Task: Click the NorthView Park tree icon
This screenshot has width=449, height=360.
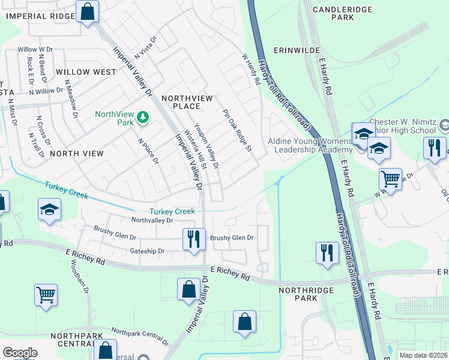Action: pyautogui.click(x=143, y=116)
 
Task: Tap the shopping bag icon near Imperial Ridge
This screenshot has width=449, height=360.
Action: pyautogui.click(x=88, y=11)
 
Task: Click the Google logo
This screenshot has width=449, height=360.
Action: pyautogui.click(x=20, y=353)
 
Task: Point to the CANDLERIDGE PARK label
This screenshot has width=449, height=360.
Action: pyautogui.click(x=342, y=13)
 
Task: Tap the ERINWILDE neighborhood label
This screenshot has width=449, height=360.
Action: pyautogui.click(x=295, y=51)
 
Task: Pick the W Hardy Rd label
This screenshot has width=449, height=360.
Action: pyautogui.click(x=250, y=69)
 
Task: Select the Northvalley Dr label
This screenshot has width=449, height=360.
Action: pyautogui.click(x=152, y=220)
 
